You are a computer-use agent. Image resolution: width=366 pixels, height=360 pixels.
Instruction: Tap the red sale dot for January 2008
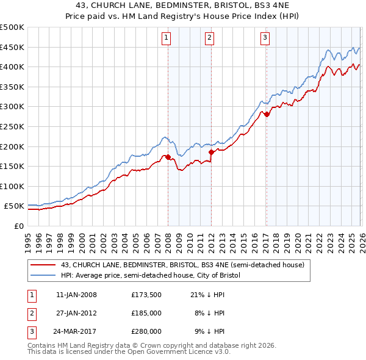point(168,157)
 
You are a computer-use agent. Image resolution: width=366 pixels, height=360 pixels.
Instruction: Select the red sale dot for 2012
point(211,152)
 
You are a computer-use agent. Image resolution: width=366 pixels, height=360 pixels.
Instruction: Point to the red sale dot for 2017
point(267,114)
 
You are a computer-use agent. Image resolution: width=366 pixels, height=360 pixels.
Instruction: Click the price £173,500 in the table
point(146,295)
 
